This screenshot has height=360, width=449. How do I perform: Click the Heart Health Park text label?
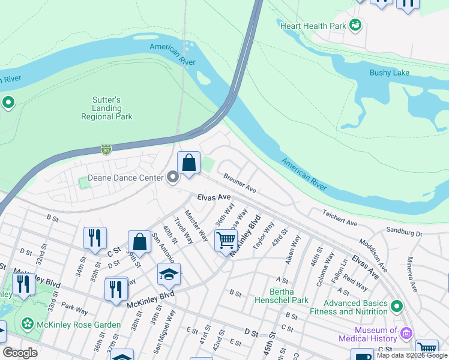point(313,26)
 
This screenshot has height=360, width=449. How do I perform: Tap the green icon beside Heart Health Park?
point(355,25)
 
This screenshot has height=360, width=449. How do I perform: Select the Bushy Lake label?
point(390,73)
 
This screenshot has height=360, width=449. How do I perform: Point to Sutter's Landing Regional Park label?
point(107,108)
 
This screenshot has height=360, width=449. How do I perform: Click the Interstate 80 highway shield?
point(106,149)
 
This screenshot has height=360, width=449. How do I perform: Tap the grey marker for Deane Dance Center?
point(173,178)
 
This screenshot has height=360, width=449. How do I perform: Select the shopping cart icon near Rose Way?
point(226,241)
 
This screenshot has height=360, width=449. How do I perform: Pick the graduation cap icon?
point(169,275)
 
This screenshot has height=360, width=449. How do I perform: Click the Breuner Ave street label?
point(240,184)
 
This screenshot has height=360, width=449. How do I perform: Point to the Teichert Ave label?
point(340,218)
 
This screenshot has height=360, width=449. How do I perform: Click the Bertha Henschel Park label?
point(282,296)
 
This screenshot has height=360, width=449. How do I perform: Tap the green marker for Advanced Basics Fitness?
point(396,307)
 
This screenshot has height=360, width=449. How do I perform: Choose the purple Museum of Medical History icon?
point(406,333)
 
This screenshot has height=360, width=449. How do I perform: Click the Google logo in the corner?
point(20,353)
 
